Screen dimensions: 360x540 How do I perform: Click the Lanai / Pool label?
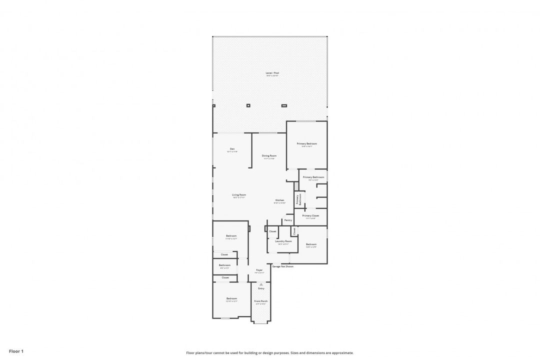pyautogui.click(x=272, y=73)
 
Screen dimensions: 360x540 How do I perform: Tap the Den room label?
pyautogui.click(x=232, y=148)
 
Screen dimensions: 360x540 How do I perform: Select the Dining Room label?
pyautogui.click(x=269, y=155)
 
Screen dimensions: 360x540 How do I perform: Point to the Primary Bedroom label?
pyautogui.click(x=306, y=143)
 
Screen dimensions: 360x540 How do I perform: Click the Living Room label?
pyautogui.click(x=238, y=195)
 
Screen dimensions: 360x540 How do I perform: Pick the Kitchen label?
pyautogui.click(x=279, y=200)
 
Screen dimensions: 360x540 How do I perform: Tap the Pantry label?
pyautogui.click(x=288, y=220)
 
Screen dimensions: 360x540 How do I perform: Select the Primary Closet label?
pyautogui.click(x=310, y=215)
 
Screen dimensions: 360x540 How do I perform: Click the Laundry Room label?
pyautogui.click(x=283, y=241)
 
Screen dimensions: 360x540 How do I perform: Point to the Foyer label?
pyautogui.click(x=259, y=270)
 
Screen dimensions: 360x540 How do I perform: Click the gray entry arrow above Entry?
pyautogui.click(x=260, y=284)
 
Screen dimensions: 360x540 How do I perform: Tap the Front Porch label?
pyautogui.click(x=260, y=301)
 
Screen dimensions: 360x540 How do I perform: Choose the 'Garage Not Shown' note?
pyautogui.click(x=282, y=266)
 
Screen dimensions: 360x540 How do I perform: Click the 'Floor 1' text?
pyautogui.click(x=16, y=351)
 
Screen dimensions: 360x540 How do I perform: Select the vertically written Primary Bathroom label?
pyautogui.click(x=298, y=198)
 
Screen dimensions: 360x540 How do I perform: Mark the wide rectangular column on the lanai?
pyautogui.click(x=284, y=105)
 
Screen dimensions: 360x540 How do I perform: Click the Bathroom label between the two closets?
pyautogui.click(x=224, y=265)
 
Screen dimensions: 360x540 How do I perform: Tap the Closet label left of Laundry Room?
pyautogui.click(x=272, y=231)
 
